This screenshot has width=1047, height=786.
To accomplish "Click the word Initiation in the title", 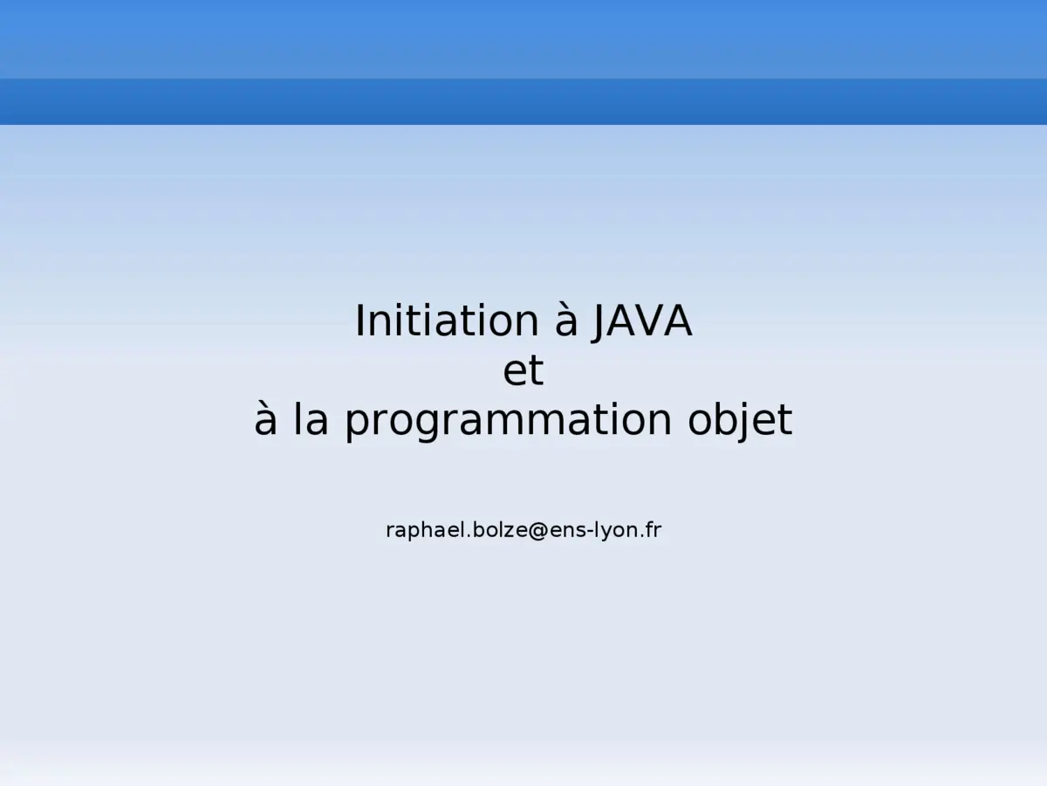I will point(447,321).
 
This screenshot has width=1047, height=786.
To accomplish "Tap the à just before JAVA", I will point(567,321).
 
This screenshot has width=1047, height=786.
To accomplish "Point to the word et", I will point(523,371).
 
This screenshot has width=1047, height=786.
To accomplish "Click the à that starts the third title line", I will point(266,421).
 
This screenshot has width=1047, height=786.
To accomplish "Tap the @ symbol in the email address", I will point(537,530).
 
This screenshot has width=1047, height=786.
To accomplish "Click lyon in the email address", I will point(615,530).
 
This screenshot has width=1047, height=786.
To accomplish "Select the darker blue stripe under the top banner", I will point(523,101).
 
